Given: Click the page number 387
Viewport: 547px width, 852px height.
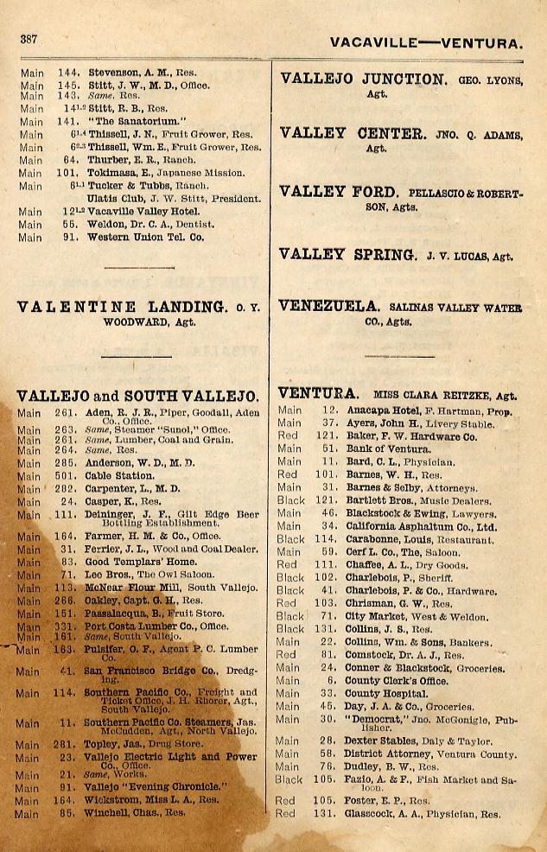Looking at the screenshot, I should click(x=29, y=39).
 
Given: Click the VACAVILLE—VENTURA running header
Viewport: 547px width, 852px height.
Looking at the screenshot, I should click(x=426, y=42).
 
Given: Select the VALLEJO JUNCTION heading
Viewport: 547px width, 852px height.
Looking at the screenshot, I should click(x=362, y=79).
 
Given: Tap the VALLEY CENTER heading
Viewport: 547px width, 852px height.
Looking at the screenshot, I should click(x=353, y=134).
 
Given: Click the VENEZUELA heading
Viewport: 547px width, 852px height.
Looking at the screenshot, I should click(x=329, y=306).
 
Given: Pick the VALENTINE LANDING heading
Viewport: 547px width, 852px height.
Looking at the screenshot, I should click(x=122, y=306).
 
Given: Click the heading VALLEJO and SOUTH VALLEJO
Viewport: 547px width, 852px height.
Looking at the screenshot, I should click(x=137, y=396).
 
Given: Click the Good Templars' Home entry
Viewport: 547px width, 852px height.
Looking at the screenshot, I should click(x=135, y=562).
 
